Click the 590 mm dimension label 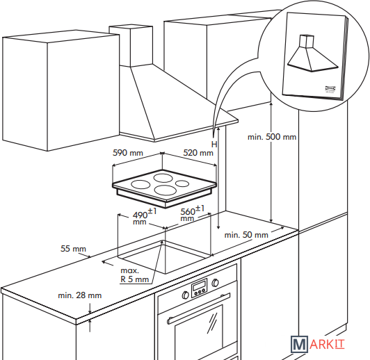(x=128, y=153)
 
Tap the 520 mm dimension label (x=198, y=153)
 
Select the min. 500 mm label (x=272, y=137)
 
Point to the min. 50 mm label (x=246, y=235)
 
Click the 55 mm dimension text (x=74, y=249)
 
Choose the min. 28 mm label (x=80, y=295)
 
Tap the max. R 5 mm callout (x=134, y=275)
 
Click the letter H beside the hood (x=214, y=145)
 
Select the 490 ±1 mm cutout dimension (x=145, y=216)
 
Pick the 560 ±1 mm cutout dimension (x=193, y=213)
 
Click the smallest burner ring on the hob (x=182, y=183)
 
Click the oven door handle (x=198, y=309)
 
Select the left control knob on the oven (x=185, y=295)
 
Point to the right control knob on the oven (x=215, y=283)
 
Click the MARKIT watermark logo (x=317, y=345)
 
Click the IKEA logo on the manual (x=330, y=88)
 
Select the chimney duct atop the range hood (x=131, y=46)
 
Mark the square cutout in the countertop (x=164, y=257)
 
